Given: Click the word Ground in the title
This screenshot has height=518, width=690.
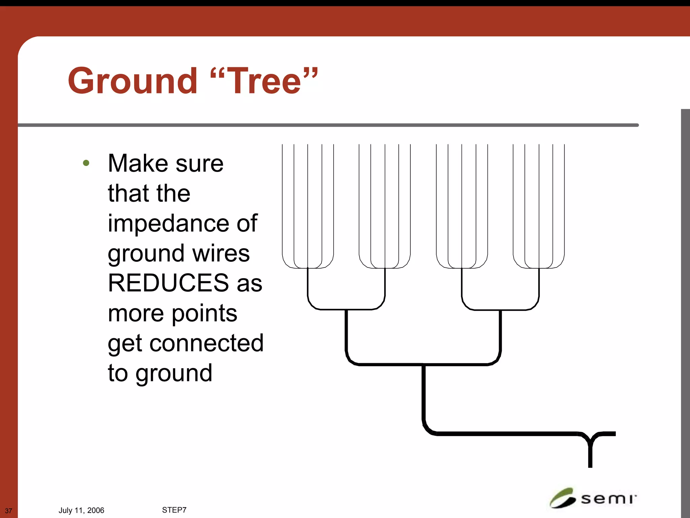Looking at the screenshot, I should click(132, 81).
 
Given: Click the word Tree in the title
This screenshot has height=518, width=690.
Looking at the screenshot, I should click(264, 81).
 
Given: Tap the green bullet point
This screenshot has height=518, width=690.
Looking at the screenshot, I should click(86, 163).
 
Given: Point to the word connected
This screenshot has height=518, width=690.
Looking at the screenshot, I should click(206, 343).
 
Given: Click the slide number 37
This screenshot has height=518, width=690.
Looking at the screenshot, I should click(8, 511).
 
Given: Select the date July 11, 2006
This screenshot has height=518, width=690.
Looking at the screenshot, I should click(81, 510).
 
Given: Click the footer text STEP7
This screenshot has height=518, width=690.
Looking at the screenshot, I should click(174, 510).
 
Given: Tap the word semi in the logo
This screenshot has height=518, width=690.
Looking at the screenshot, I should click(608, 499).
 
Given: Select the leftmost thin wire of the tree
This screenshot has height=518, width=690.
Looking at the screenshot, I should click(282, 202).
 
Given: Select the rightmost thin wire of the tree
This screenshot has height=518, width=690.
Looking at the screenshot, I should click(564, 202).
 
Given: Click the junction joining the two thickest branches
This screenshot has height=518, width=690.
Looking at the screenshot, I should click(424, 365).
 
